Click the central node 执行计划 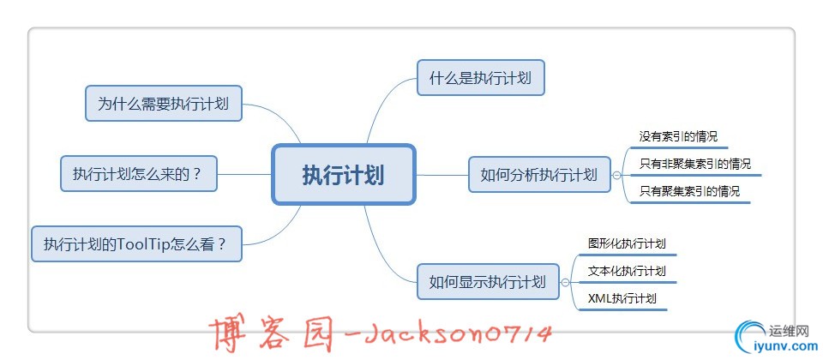[x=343, y=174]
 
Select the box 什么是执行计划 [x=480, y=78]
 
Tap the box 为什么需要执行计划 [x=163, y=104]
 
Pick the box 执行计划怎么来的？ [x=138, y=174]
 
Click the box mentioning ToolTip [x=137, y=244]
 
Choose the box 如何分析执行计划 [x=538, y=174]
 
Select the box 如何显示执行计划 [x=487, y=281]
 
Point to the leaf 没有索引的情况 [x=678, y=136]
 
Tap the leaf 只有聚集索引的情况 [x=688, y=191]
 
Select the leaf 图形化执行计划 [x=627, y=243]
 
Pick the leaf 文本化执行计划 [x=627, y=271]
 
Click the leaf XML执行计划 [x=622, y=298]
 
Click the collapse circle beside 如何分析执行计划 [x=616, y=174]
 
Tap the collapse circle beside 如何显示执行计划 [x=565, y=281]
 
